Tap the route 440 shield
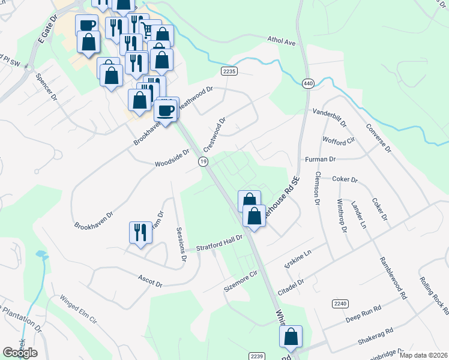[309, 83]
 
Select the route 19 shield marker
[203, 162]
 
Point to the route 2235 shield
[229, 71]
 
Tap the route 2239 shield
[257, 356]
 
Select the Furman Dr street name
[320, 160]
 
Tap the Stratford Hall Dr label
[220, 243]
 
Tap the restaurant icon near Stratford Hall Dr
[140, 232]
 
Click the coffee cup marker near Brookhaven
[166, 109]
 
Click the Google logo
[20, 353]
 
